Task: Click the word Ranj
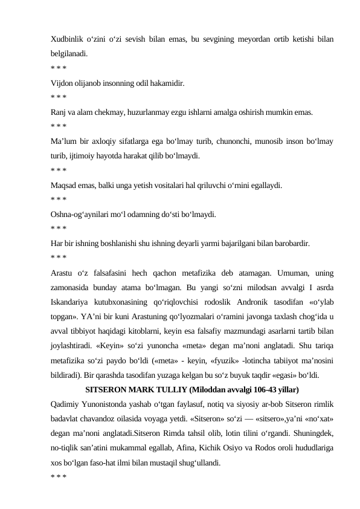[x=59, y=111]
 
